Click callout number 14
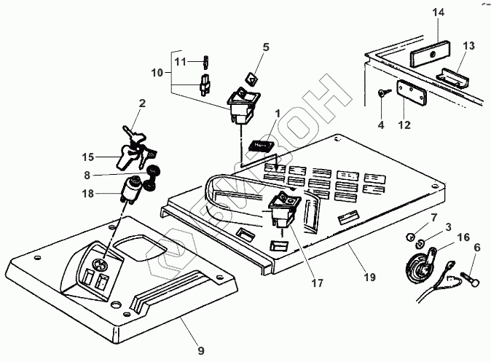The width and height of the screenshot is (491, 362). pos(436,12)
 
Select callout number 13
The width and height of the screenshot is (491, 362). pos(468,47)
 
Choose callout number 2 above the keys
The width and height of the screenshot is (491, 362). pos(142,103)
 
